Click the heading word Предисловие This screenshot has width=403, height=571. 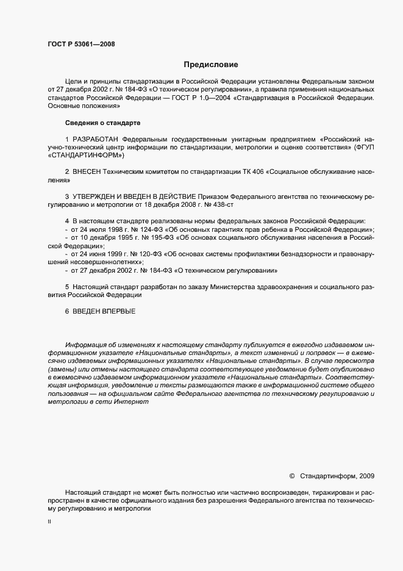(210, 64)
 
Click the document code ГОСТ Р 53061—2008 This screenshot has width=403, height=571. (81, 44)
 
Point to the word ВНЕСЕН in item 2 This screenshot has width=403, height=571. (87, 173)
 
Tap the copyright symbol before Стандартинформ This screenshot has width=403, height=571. (291, 475)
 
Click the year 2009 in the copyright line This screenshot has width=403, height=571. (368, 475)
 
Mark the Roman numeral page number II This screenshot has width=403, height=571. (49, 522)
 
